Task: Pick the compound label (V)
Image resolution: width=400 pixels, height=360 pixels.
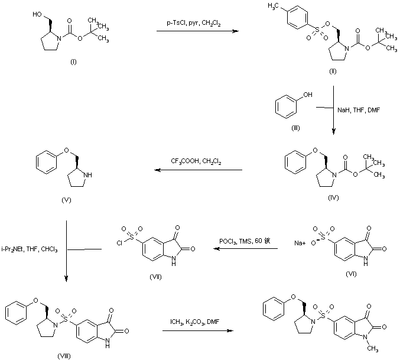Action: point(66,200)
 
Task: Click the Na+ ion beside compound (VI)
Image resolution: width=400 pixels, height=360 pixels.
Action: point(300,242)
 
